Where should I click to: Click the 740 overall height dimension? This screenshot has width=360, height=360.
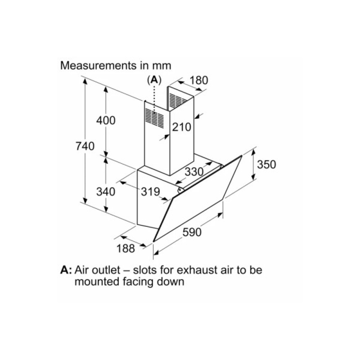click(x=85, y=146)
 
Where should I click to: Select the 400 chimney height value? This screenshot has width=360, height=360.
click(x=106, y=120)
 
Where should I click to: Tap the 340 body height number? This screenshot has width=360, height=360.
click(x=106, y=192)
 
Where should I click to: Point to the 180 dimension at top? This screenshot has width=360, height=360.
click(x=199, y=80)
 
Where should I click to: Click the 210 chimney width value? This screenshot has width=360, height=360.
click(x=181, y=127)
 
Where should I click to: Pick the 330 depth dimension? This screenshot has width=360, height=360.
click(x=194, y=171)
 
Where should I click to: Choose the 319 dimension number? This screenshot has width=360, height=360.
click(x=150, y=192)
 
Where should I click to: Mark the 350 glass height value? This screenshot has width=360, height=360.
click(x=266, y=165)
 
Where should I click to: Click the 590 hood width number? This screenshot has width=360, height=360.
click(x=192, y=232)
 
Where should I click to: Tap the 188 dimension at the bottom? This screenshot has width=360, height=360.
click(x=126, y=248)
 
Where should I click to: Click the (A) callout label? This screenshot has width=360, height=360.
click(x=154, y=80)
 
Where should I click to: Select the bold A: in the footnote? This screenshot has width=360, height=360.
click(x=66, y=270)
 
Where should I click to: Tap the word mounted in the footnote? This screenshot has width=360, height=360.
click(x=96, y=282)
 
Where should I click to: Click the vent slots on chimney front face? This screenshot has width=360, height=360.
click(x=154, y=118)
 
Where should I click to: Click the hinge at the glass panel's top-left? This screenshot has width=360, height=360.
click(x=180, y=190)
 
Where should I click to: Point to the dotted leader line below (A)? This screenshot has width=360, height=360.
click(x=154, y=99)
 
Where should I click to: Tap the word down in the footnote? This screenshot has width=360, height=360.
click(x=171, y=282)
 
